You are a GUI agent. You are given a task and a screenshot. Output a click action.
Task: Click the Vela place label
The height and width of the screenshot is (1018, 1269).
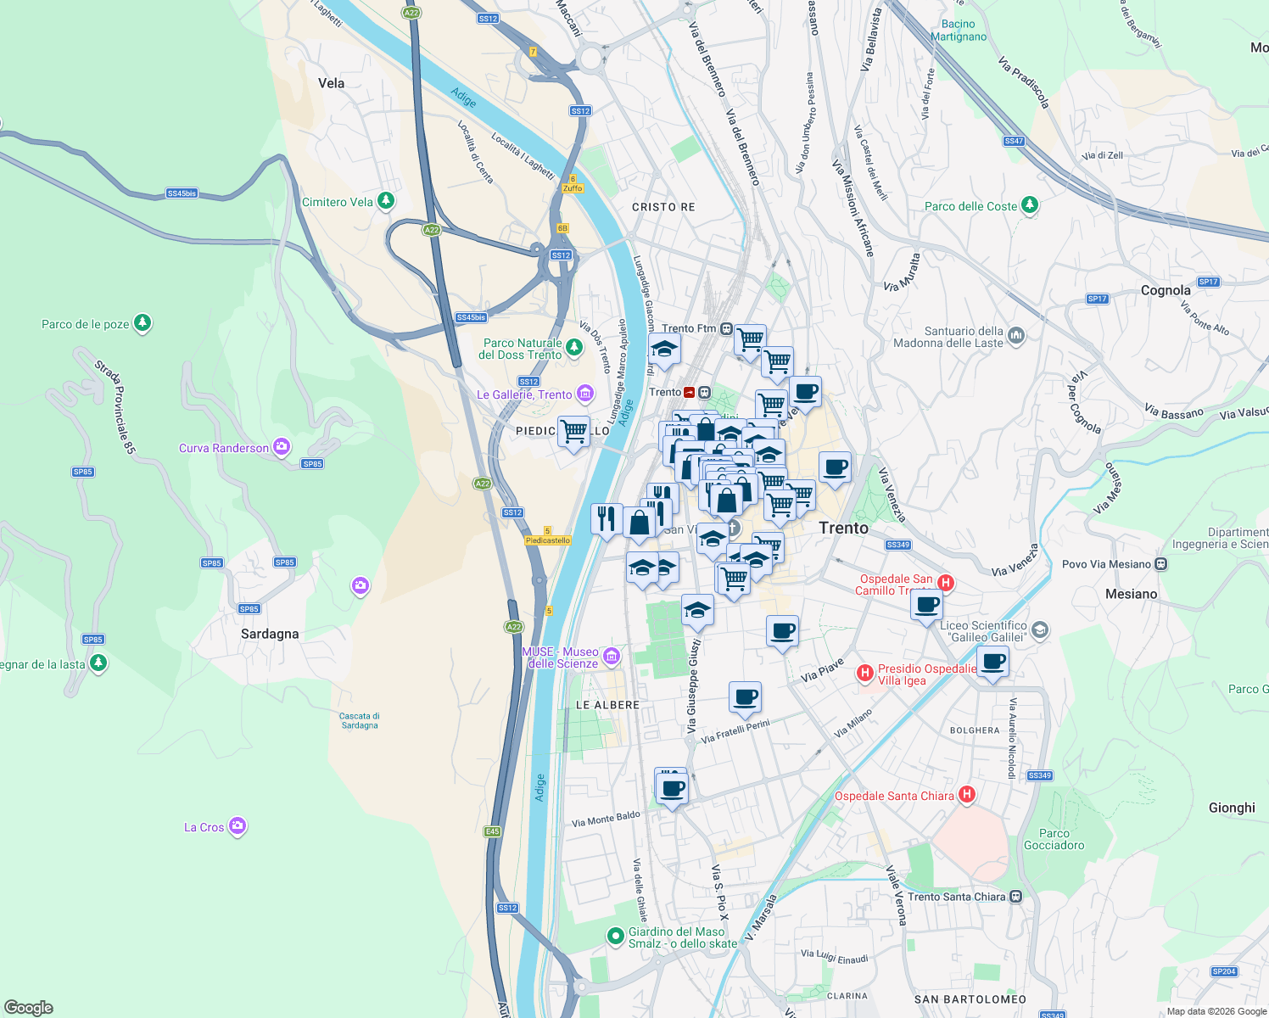[x=331, y=83]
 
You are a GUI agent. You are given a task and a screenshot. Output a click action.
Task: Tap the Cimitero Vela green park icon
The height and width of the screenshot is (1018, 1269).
[x=386, y=201]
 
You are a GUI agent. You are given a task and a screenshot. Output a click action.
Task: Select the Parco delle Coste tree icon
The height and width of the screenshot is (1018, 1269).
[x=1030, y=205]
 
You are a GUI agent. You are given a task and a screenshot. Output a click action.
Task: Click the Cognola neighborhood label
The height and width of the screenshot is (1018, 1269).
[x=1166, y=290]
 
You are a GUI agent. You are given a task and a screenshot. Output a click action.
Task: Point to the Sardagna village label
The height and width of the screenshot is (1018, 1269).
[x=270, y=634]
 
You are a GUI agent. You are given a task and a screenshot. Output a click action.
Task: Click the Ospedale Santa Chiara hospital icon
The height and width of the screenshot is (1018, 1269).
[x=966, y=795]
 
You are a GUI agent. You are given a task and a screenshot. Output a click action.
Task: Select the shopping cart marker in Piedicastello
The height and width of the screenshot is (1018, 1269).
[x=573, y=431]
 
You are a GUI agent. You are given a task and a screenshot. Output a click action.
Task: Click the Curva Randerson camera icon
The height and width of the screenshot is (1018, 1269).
[x=282, y=447]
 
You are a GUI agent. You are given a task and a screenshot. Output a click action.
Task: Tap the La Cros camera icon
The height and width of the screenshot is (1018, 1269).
[x=238, y=826]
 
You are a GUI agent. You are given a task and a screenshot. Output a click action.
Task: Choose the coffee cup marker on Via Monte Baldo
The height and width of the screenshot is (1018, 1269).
[x=673, y=788]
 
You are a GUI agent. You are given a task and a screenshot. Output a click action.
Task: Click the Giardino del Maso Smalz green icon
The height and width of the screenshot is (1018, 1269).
[x=615, y=937]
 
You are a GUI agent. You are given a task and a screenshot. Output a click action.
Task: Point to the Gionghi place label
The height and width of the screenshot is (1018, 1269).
[x=1232, y=808]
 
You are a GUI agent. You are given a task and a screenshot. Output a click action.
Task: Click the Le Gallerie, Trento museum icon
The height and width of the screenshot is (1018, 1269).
[x=584, y=394]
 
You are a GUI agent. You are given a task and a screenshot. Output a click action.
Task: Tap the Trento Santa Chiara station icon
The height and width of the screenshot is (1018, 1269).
[x=1015, y=897]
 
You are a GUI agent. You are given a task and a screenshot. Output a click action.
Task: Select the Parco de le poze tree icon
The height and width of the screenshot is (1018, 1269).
[x=143, y=323]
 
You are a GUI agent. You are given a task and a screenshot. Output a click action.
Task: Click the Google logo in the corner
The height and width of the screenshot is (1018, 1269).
[x=28, y=1008]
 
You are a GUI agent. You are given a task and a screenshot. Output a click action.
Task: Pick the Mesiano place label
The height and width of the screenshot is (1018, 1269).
[x=1131, y=594]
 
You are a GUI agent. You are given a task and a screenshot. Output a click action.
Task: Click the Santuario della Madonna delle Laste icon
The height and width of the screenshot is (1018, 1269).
[x=1016, y=337]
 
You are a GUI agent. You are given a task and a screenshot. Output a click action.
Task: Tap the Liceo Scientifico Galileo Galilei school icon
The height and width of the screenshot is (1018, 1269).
[x=1041, y=630]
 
